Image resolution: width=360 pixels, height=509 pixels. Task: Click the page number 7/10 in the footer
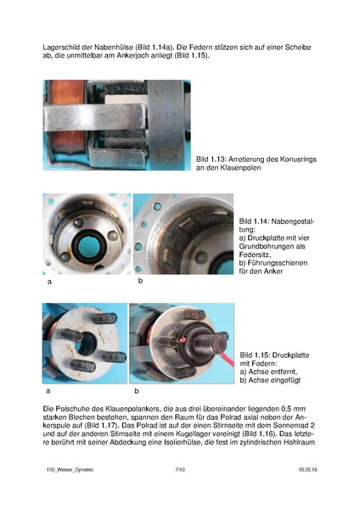[179, 468]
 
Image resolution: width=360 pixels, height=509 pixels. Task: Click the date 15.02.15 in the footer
[307, 468]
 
